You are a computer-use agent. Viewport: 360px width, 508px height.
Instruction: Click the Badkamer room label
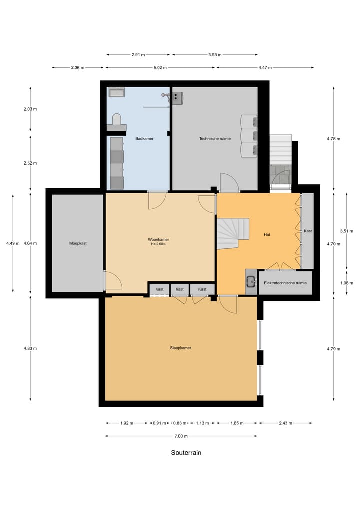pyautogui.click(x=144, y=138)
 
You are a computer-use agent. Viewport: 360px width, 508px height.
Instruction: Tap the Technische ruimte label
pyautogui.click(x=215, y=138)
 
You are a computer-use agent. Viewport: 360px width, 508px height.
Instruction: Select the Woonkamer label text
pyautogui.click(x=158, y=239)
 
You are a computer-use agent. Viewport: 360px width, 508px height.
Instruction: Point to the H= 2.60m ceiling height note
pyautogui.click(x=158, y=244)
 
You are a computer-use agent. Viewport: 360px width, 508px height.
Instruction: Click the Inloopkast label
pyautogui.click(x=78, y=243)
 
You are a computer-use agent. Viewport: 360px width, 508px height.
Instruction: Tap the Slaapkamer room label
pyautogui.click(x=181, y=348)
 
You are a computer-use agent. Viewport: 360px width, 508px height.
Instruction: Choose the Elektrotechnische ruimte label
pyautogui.click(x=285, y=283)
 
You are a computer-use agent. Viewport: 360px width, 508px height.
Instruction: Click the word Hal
pyautogui.click(x=267, y=234)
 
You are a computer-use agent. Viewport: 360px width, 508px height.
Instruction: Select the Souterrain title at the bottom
pyautogui.click(x=186, y=453)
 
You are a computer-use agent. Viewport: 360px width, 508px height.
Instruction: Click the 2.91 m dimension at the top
pyautogui.click(x=138, y=55)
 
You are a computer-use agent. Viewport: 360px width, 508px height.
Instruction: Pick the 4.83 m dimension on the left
pyautogui.click(x=31, y=348)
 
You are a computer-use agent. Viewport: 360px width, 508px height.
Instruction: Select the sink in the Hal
pyautogui.click(x=250, y=282)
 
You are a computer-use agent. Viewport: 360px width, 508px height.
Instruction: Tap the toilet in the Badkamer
pyautogui.click(x=116, y=120)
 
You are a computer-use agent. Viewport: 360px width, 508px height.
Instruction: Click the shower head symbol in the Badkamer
pyautogui.click(x=165, y=95)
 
